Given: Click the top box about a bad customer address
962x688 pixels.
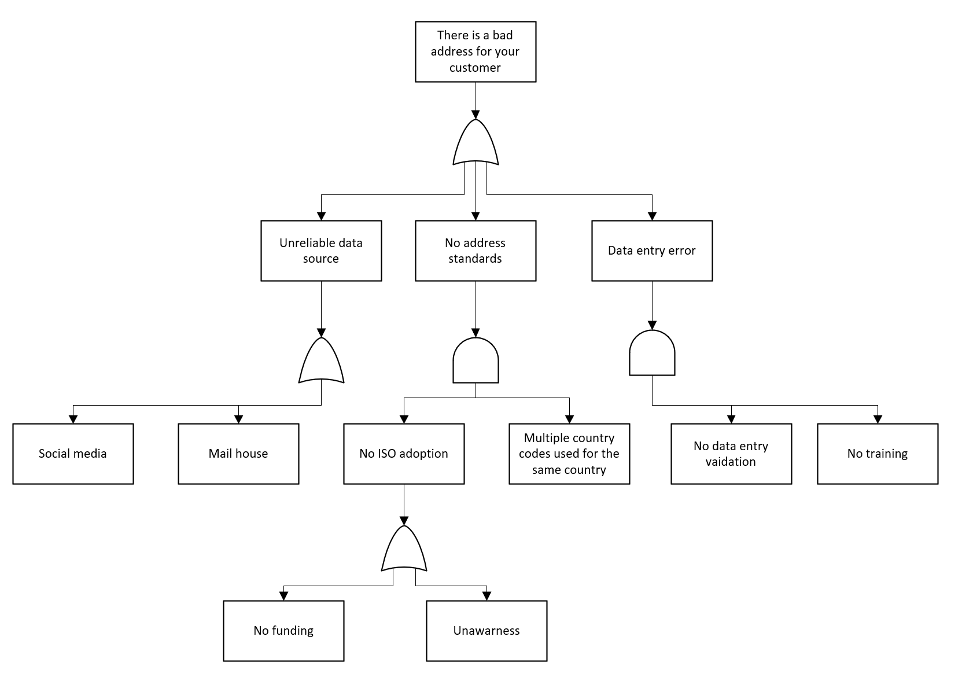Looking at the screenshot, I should [x=476, y=51].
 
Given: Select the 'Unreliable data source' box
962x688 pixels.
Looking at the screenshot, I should [x=321, y=251].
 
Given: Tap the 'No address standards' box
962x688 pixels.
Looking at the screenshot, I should [x=476, y=251].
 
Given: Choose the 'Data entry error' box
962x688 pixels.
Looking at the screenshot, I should [x=652, y=251].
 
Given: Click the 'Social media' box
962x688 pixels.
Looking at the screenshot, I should [x=73, y=454].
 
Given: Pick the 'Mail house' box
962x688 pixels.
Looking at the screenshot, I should [x=238, y=454].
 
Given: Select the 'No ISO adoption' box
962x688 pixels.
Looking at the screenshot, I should [x=404, y=454].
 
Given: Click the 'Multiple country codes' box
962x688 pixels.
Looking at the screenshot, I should [x=569, y=454].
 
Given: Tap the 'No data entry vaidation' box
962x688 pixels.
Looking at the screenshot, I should [x=731, y=454].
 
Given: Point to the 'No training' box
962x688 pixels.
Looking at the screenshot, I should [x=878, y=454].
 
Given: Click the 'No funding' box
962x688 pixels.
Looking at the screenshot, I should [x=283, y=631].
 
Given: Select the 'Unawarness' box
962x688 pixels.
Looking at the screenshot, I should [x=486, y=631].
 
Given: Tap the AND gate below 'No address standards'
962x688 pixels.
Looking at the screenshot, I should [x=476, y=361].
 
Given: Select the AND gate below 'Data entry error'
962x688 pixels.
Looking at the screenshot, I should [x=652, y=354].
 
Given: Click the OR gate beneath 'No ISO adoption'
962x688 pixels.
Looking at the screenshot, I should [x=404, y=550].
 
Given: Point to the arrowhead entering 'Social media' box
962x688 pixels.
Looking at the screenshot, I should [x=73, y=419].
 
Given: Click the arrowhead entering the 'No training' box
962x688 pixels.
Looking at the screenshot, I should [x=878, y=419].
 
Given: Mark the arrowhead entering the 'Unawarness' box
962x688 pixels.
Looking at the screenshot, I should [x=486, y=596].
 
